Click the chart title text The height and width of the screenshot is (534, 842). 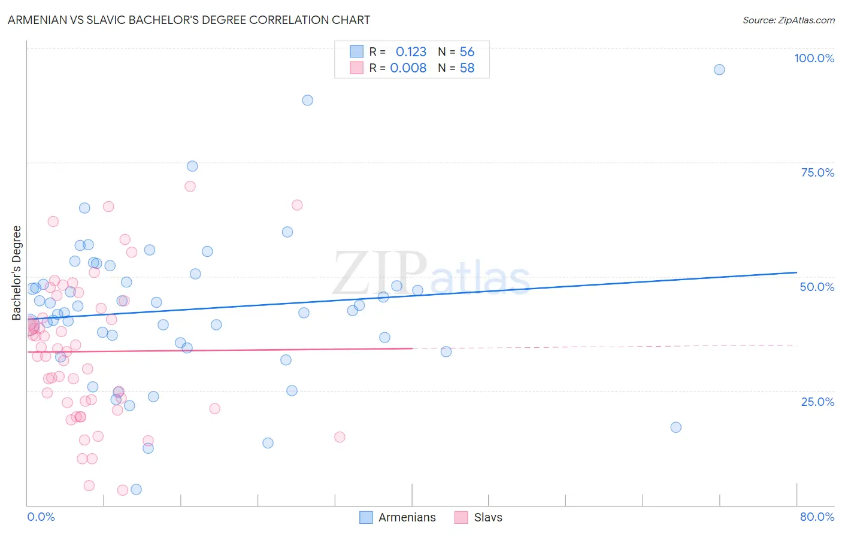tap(189, 20)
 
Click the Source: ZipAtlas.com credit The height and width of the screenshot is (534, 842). tap(788, 20)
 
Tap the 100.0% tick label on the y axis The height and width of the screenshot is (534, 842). tap(814, 58)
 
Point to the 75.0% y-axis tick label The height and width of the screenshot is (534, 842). tap(817, 172)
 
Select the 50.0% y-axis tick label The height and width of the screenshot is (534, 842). tap(817, 287)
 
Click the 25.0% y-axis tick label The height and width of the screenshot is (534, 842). tap(817, 402)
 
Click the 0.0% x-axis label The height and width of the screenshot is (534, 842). tap(41, 517)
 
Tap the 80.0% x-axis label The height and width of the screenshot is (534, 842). tap(817, 517)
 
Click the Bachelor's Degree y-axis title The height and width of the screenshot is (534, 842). tap(17, 273)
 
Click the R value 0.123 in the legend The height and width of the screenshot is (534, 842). tap(411, 51)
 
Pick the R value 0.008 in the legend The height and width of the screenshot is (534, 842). tap(408, 68)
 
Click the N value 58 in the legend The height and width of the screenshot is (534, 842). tap(467, 68)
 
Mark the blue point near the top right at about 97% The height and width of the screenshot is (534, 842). tap(719, 69)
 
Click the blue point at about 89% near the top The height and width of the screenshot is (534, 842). tap(307, 100)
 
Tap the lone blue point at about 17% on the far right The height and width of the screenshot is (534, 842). tap(676, 427)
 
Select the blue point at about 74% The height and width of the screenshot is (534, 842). tap(192, 166)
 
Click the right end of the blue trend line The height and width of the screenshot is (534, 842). tap(796, 272)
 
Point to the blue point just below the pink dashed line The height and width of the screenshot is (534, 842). tap(446, 351)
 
